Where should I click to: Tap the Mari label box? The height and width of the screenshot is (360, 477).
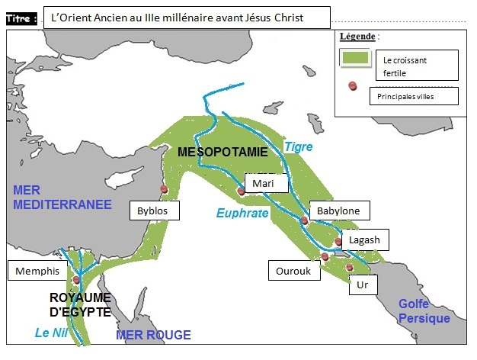pos(267,184)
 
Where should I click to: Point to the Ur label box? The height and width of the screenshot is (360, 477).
pos(363,287)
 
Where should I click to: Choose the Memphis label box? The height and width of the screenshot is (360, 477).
pos(36,271)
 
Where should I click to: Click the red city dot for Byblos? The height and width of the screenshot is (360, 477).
pos(163,189)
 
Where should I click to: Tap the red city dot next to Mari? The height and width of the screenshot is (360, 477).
pos(242,191)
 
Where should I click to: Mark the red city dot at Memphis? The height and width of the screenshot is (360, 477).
pos(76,279)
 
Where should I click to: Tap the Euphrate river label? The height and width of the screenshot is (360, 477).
pos(242,214)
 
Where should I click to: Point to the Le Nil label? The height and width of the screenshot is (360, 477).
pos(50,333)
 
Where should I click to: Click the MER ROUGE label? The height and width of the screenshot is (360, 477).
pos(153,335)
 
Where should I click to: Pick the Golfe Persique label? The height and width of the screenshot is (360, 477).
pos(424,311)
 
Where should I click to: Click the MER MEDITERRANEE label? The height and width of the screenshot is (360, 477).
pos(62,197)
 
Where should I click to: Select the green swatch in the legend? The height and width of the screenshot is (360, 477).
pos(355,57)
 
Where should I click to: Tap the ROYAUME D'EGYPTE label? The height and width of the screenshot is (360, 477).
pos(81,304)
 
